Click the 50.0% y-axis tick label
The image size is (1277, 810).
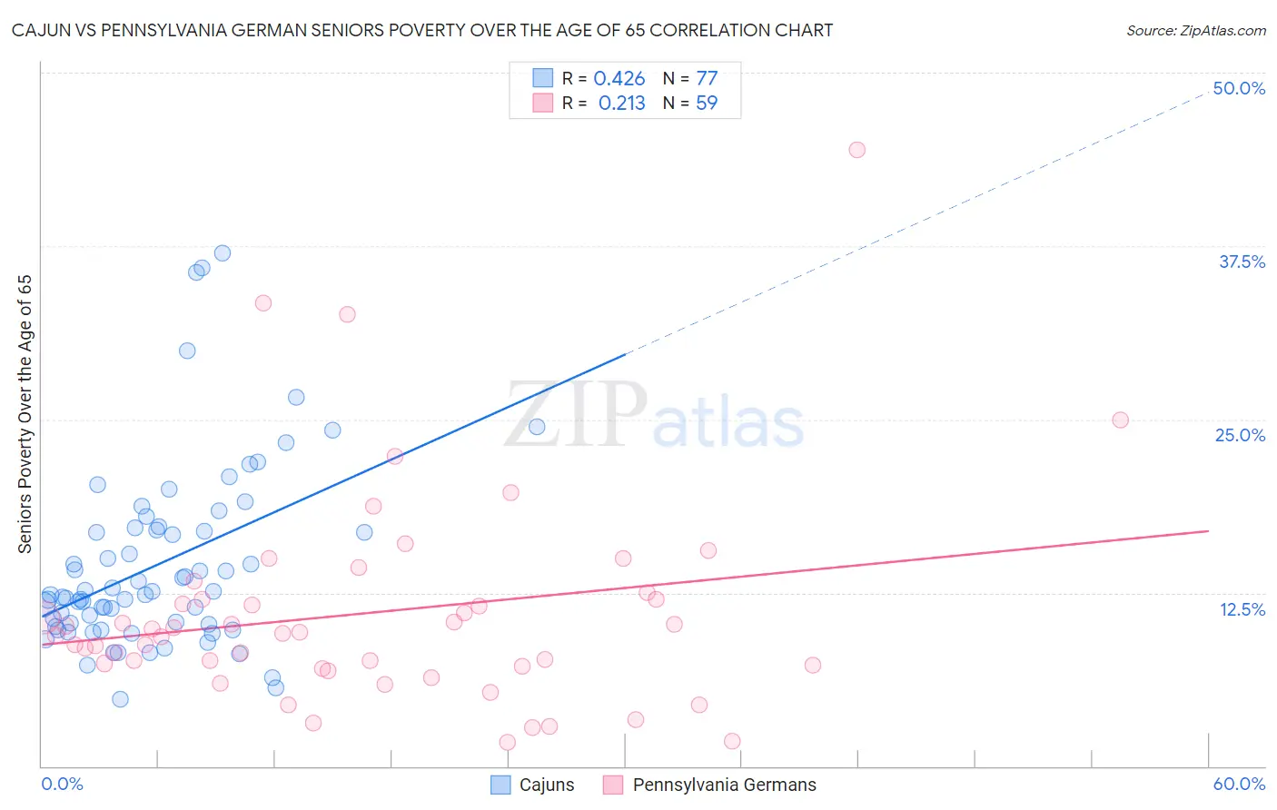coord(1239,88)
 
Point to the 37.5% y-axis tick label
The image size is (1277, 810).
coord(1242,262)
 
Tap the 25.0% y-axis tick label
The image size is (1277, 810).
coord(1240,435)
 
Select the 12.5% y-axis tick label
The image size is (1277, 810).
coord(1242,609)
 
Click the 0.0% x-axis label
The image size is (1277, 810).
coord(62,784)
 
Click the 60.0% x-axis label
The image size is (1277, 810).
coord(1239,784)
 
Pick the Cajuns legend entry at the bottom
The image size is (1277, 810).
coord(533,785)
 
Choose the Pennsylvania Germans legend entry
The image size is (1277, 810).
coord(710,785)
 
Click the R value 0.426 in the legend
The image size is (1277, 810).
coord(619,79)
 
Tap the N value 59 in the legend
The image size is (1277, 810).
coord(706,104)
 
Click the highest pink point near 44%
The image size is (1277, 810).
coord(856,150)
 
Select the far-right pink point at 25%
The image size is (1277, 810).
coord(1120,420)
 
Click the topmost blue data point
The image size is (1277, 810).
coord(223,253)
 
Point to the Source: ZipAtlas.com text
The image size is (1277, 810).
coord(1195,30)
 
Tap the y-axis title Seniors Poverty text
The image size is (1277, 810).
coord(25,413)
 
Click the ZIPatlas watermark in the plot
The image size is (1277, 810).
coord(654,416)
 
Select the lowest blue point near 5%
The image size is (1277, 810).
coord(120,699)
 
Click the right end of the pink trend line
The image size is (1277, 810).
coord(1207,530)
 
